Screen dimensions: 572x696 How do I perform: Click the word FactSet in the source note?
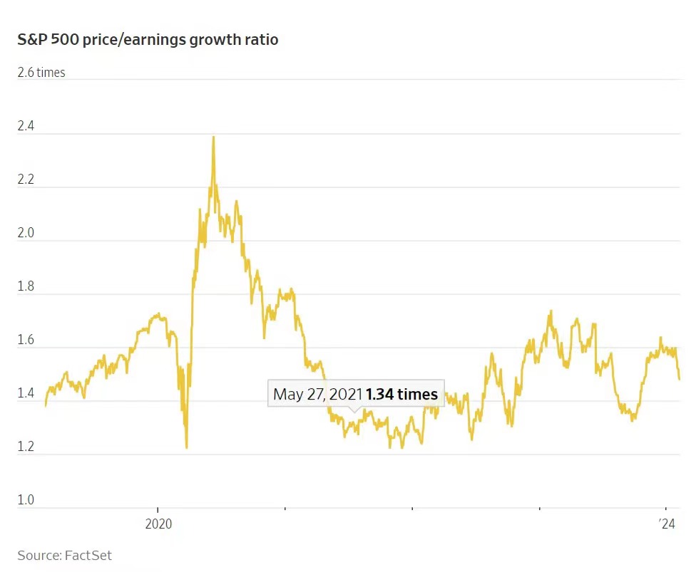click(x=88, y=555)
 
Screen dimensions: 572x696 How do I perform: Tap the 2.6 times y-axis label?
click(x=41, y=73)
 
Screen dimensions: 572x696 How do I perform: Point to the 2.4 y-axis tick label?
click(x=26, y=127)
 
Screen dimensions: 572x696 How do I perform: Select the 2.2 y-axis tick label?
click(x=26, y=180)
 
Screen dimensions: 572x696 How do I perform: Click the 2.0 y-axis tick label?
click(x=26, y=234)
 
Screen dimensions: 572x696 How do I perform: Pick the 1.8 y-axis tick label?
click(x=26, y=287)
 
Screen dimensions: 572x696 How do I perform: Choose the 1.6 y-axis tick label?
click(x=26, y=340)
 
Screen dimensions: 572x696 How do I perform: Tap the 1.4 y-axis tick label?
click(x=26, y=394)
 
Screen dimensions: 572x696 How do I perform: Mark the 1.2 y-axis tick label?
click(x=26, y=447)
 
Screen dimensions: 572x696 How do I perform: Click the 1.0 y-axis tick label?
click(x=26, y=500)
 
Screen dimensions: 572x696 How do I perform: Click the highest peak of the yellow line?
click(x=213, y=137)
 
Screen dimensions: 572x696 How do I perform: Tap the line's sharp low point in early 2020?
click(x=187, y=447)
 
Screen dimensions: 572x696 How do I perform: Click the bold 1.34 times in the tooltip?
click(x=401, y=394)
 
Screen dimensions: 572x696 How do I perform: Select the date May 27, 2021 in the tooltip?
click(x=317, y=394)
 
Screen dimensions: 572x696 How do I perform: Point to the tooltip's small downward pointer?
click(x=354, y=410)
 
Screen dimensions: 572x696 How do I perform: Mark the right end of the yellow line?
click(x=679, y=379)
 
